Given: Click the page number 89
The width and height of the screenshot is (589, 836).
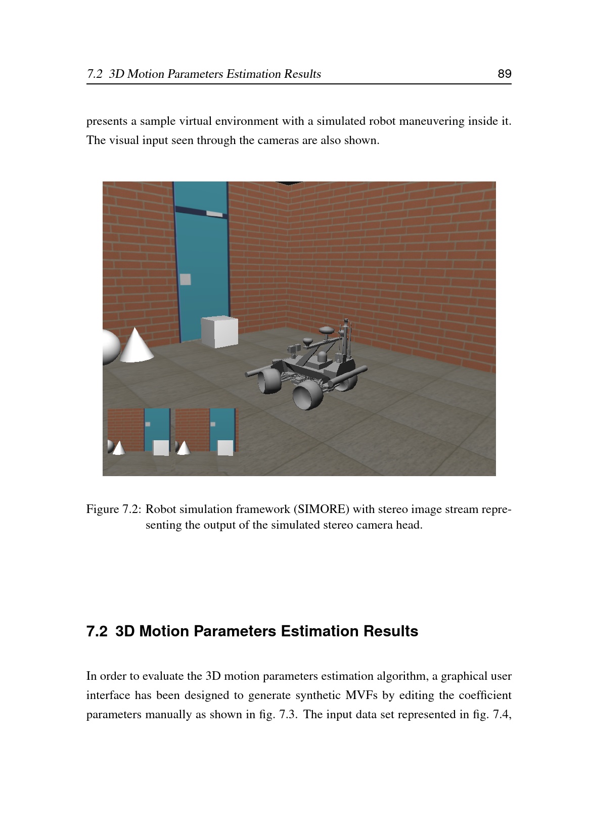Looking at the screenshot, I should click(504, 74).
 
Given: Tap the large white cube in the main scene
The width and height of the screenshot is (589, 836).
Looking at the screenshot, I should click(219, 332).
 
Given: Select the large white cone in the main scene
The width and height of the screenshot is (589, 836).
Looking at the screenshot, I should click(135, 346).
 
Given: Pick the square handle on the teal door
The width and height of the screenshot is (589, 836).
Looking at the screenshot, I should click(186, 278).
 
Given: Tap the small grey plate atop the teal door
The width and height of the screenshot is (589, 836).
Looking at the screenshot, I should click(214, 214).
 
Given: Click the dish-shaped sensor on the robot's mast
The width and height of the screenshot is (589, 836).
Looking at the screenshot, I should click(327, 330).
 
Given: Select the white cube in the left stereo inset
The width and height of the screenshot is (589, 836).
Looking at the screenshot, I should click(161, 448).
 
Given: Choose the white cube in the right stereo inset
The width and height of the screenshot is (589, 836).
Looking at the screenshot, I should click(225, 447).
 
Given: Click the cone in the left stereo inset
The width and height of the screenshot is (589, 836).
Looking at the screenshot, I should click(119, 448).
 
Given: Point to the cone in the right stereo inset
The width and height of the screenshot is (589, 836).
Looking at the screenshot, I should click(183, 448).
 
